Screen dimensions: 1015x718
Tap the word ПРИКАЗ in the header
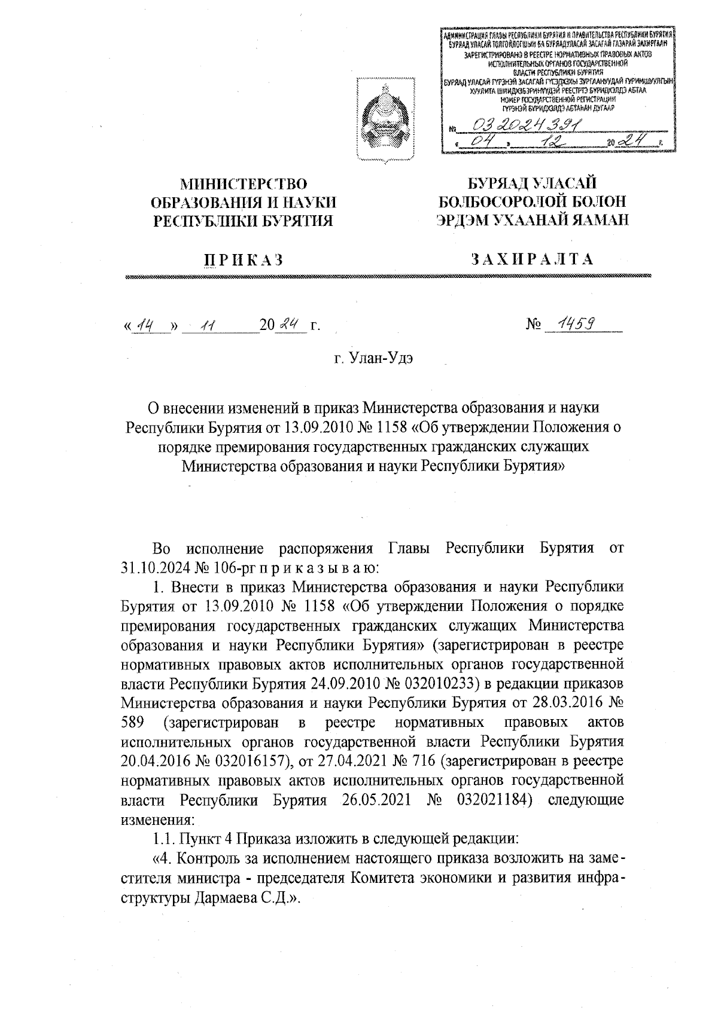coord(242,259)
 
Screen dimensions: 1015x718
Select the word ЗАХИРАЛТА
coord(532,259)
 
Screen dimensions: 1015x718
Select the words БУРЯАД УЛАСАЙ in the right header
coord(532,184)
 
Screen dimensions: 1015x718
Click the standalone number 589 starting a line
coord(133,722)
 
